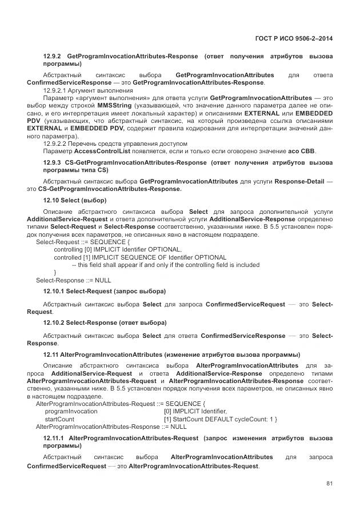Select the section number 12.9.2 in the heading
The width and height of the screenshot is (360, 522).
click(53, 57)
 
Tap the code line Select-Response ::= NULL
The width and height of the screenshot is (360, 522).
click(73, 280)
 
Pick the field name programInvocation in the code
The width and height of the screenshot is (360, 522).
click(71, 411)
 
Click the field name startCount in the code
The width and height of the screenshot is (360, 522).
click(59, 419)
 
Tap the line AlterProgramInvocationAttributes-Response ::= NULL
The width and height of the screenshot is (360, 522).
click(111, 427)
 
